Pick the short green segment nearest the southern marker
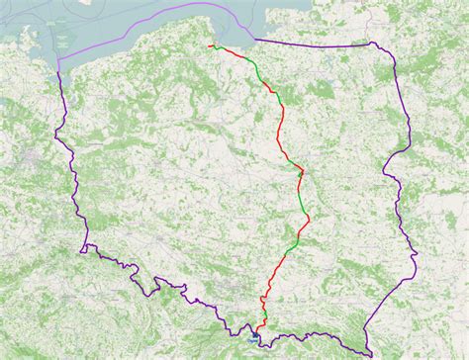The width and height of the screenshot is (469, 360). pyautogui.click(x=264, y=315)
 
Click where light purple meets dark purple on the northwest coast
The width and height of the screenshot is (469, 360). pyautogui.click(x=60, y=64)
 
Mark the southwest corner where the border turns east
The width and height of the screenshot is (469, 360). pyautogui.click(x=85, y=246)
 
